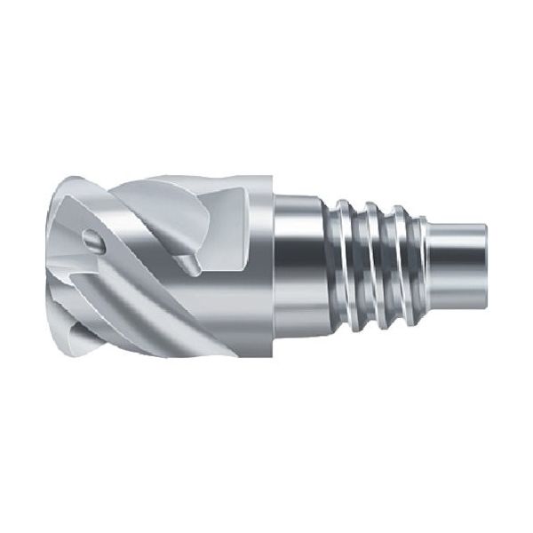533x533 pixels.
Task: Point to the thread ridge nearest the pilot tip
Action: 401,266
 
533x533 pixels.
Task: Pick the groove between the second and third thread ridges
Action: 388,266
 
